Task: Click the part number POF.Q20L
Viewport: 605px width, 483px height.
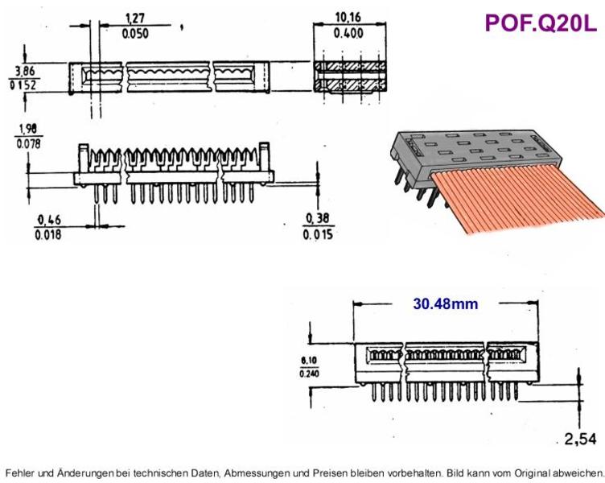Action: click(x=541, y=23)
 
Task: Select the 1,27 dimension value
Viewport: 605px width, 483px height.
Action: click(x=135, y=19)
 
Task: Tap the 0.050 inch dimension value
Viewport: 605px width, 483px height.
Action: click(x=135, y=34)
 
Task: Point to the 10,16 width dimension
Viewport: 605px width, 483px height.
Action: click(x=348, y=18)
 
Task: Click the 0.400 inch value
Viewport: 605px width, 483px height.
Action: click(x=348, y=33)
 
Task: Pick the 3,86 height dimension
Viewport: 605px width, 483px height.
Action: click(x=25, y=71)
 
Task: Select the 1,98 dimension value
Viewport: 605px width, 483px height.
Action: click(x=28, y=129)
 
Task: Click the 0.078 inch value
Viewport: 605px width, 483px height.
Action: click(x=28, y=144)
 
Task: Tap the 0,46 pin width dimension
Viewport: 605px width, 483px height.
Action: click(x=49, y=220)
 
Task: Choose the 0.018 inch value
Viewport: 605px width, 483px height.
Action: click(x=47, y=234)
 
